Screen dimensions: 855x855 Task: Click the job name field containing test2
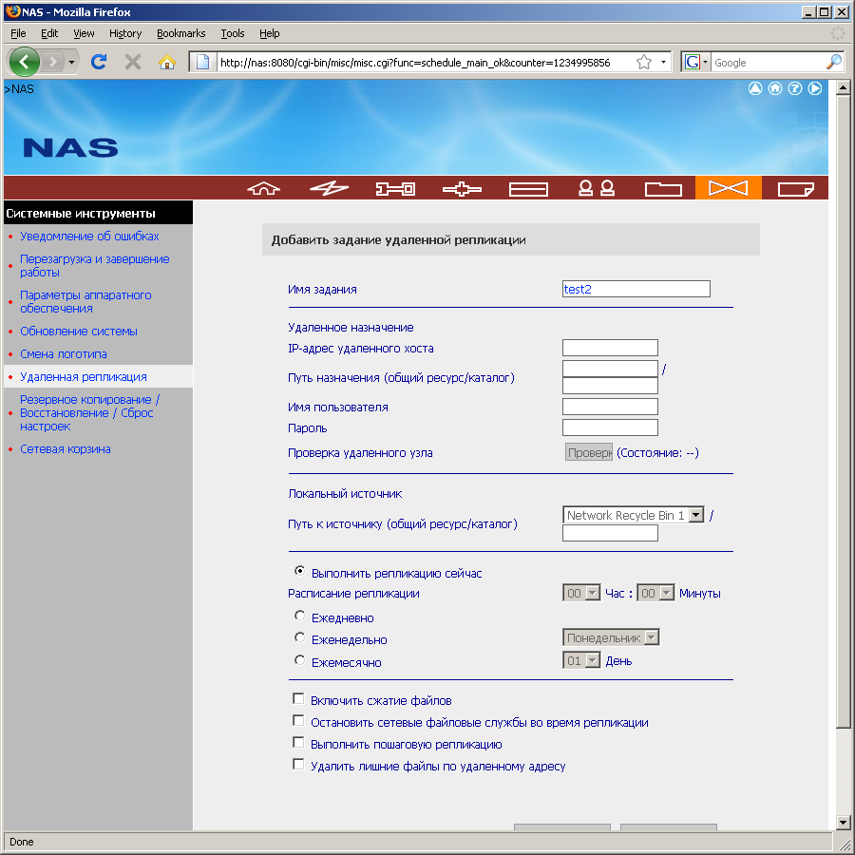[636, 289]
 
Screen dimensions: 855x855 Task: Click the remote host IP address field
[610, 348]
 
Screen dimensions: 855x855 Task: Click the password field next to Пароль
[610, 427]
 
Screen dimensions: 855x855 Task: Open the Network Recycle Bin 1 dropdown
[695, 515]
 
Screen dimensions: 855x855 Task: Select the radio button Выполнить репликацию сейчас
[300, 572]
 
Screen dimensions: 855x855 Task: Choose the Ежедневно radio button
[300, 616]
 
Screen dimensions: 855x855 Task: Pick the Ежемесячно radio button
[300, 659]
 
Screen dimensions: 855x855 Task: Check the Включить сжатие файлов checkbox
[298, 699]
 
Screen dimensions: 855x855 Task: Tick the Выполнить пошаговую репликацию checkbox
[298, 743]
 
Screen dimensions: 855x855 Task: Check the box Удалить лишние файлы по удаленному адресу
[298, 764]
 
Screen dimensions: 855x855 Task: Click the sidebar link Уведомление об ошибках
[89, 237]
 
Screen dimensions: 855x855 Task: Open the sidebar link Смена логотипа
[64, 354]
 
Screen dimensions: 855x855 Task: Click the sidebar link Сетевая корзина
[66, 449]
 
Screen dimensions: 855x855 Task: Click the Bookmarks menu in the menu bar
[180, 33]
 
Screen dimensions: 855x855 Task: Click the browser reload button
[98, 62]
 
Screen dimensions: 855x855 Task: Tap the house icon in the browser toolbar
[167, 62]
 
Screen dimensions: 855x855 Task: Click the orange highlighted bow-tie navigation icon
[728, 188]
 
